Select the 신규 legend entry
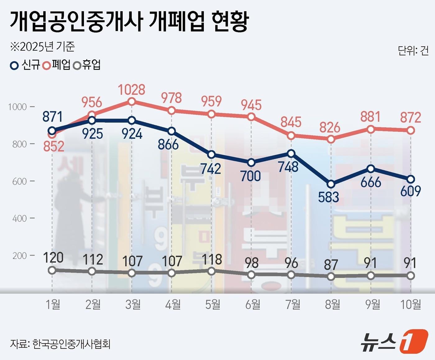tap(25, 65)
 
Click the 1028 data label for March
tap(132, 90)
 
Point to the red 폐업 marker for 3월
tap(132, 101)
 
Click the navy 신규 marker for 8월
tap(331, 184)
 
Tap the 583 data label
tap(328, 197)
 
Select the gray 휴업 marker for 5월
tap(211, 271)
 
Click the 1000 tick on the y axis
tap(17, 107)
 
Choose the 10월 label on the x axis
tap(411, 304)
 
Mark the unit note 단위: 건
tap(413, 50)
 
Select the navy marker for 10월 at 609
tap(411, 179)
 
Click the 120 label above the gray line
tap(53, 257)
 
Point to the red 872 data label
tap(410, 118)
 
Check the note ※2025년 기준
tap(43, 47)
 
